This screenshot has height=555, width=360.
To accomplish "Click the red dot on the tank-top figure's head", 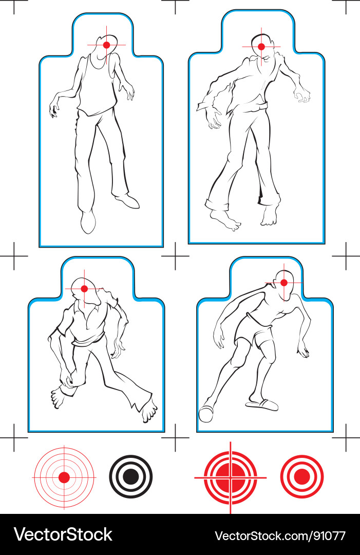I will tap(106, 45).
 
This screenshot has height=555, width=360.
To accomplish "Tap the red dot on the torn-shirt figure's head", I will tap(261, 47).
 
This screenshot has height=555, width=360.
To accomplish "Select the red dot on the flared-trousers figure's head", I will tap(84, 289).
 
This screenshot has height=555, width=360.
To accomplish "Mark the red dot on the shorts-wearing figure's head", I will tap(283, 283).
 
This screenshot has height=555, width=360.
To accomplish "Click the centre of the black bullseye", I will tap(131, 476).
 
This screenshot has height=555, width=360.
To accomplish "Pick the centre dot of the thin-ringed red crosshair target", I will tap(64, 477).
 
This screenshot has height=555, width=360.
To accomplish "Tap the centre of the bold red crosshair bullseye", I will tap(230, 477).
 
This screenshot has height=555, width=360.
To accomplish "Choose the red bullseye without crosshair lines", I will tap(302, 476).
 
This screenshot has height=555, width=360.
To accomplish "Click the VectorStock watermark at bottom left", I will tap(63, 535).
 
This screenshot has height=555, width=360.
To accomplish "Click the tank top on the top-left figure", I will tap(98, 87).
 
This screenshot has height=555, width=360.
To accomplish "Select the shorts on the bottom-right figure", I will tap(254, 335).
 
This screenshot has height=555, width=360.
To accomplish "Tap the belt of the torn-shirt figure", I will tap(254, 108).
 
